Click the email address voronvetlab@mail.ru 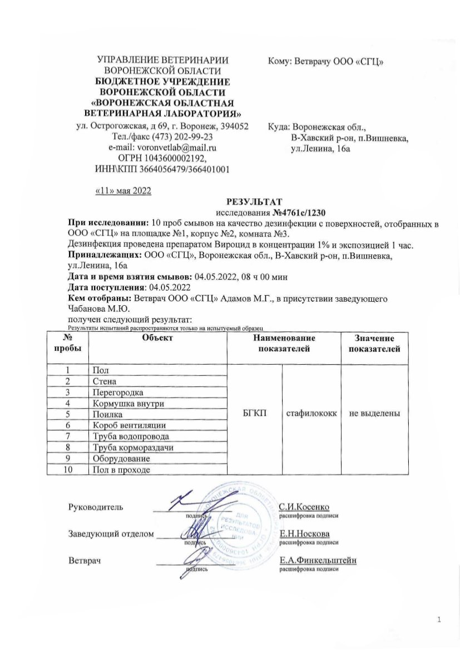[177, 148]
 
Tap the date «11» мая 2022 [123, 191]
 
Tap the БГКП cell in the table [255, 413]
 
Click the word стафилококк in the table [311, 413]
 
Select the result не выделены [375, 413]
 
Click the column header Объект [157, 338]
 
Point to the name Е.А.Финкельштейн [318, 560]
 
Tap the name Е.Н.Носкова [304, 533]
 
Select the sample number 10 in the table [67, 469]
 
